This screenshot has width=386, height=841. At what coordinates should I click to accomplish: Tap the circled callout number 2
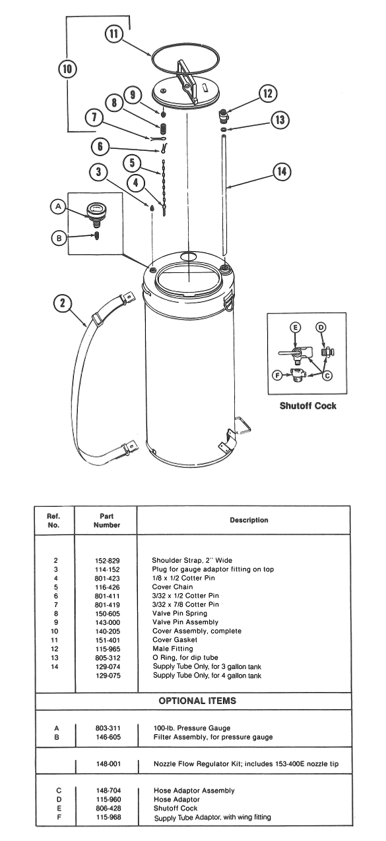[x=63, y=303]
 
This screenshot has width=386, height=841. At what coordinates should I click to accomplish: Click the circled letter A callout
[x=59, y=207]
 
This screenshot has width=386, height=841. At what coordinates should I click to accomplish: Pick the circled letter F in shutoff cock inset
[x=278, y=376]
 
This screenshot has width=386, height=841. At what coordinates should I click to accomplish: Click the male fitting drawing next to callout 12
[x=225, y=116]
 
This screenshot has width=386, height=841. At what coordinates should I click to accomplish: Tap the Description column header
[x=249, y=520]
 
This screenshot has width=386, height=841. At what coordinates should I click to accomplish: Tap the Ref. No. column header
[x=55, y=521]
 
